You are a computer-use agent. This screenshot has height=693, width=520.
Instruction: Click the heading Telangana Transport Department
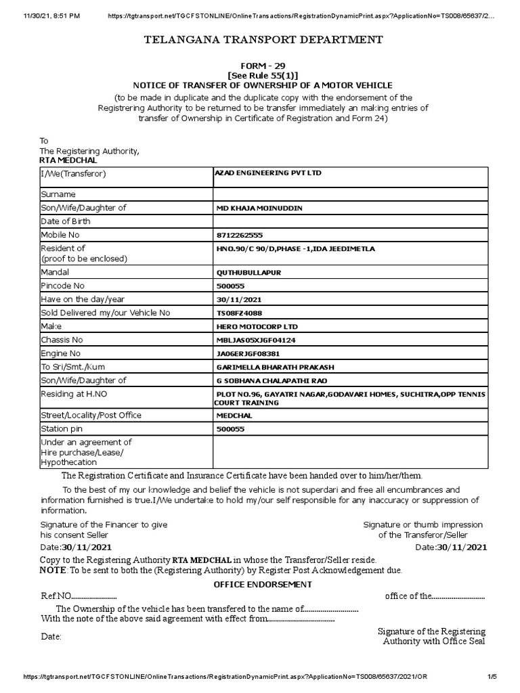tap(263, 41)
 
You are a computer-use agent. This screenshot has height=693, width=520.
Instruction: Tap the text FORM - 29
tap(263, 66)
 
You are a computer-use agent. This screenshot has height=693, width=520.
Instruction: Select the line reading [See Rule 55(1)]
tap(263, 75)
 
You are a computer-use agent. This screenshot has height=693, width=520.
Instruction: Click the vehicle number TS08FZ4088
tap(239, 312)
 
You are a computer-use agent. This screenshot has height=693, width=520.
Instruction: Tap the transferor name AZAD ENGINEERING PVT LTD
tap(268, 173)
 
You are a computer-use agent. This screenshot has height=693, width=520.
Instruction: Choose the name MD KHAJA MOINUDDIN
tap(259, 208)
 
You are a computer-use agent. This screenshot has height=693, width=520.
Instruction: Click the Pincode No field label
tap(63, 286)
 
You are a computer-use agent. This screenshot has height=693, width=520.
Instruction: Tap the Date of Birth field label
tap(66, 221)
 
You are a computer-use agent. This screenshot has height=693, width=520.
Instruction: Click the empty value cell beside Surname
tap(350, 194)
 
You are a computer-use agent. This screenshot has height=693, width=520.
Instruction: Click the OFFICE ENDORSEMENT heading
tap(263, 584)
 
